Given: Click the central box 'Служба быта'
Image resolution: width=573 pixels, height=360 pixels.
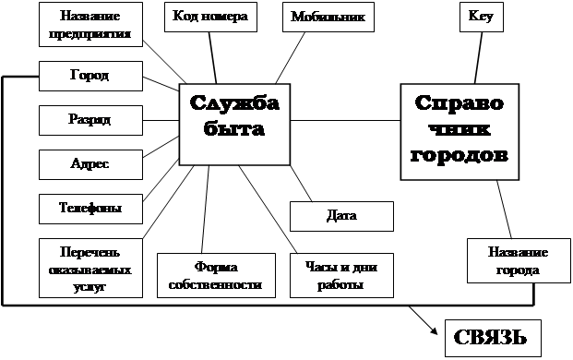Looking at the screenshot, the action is pyautogui.click(x=234, y=125).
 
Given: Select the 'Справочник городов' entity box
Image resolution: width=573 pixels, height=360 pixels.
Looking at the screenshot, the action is pyautogui.click(x=460, y=132).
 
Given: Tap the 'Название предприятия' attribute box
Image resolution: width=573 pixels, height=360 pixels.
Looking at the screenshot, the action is pyautogui.click(x=90, y=25).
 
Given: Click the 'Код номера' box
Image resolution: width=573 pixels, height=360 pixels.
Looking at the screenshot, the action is pyautogui.click(x=210, y=17).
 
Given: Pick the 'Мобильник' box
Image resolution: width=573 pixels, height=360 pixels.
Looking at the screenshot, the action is pyautogui.click(x=328, y=17).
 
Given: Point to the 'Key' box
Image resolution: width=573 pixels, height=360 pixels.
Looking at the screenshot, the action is pyautogui.click(x=482, y=17).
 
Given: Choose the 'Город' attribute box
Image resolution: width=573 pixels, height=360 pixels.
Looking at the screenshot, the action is pyautogui.click(x=90, y=76).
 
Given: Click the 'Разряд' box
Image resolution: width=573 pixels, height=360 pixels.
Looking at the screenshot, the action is pyautogui.click(x=90, y=120).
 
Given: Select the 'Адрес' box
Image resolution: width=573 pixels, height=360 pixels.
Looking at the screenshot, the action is pyautogui.click(x=90, y=164).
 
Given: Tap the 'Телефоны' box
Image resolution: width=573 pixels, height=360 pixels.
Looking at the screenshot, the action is pyautogui.click(x=90, y=209).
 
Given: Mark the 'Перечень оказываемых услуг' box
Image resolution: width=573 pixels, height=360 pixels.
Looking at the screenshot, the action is pyautogui.click(x=90, y=268).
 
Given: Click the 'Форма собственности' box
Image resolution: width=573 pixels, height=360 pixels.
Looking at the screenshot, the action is pyautogui.click(x=216, y=275).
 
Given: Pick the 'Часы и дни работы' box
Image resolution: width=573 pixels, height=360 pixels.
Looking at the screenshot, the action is pyautogui.click(x=341, y=275).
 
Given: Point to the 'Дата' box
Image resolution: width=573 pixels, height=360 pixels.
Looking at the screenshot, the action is pyautogui.click(x=341, y=216).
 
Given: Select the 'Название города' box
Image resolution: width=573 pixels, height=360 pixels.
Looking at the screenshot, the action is pyautogui.click(x=519, y=260).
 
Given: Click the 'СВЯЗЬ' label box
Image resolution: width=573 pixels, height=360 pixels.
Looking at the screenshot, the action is pyautogui.click(x=493, y=338).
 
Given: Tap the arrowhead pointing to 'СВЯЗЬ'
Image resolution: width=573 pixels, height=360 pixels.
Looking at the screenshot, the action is pyautogui.click(x=435, y=331).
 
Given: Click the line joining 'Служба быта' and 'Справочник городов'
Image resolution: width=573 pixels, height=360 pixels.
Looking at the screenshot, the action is pyautogui.click(x=345, y=120).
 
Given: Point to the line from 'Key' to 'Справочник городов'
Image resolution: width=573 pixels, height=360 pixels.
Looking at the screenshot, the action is pyautogui.click(x=478, y=58).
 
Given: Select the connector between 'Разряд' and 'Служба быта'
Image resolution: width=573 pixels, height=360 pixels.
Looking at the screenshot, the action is pyautogui.click(x=161, y=120).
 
